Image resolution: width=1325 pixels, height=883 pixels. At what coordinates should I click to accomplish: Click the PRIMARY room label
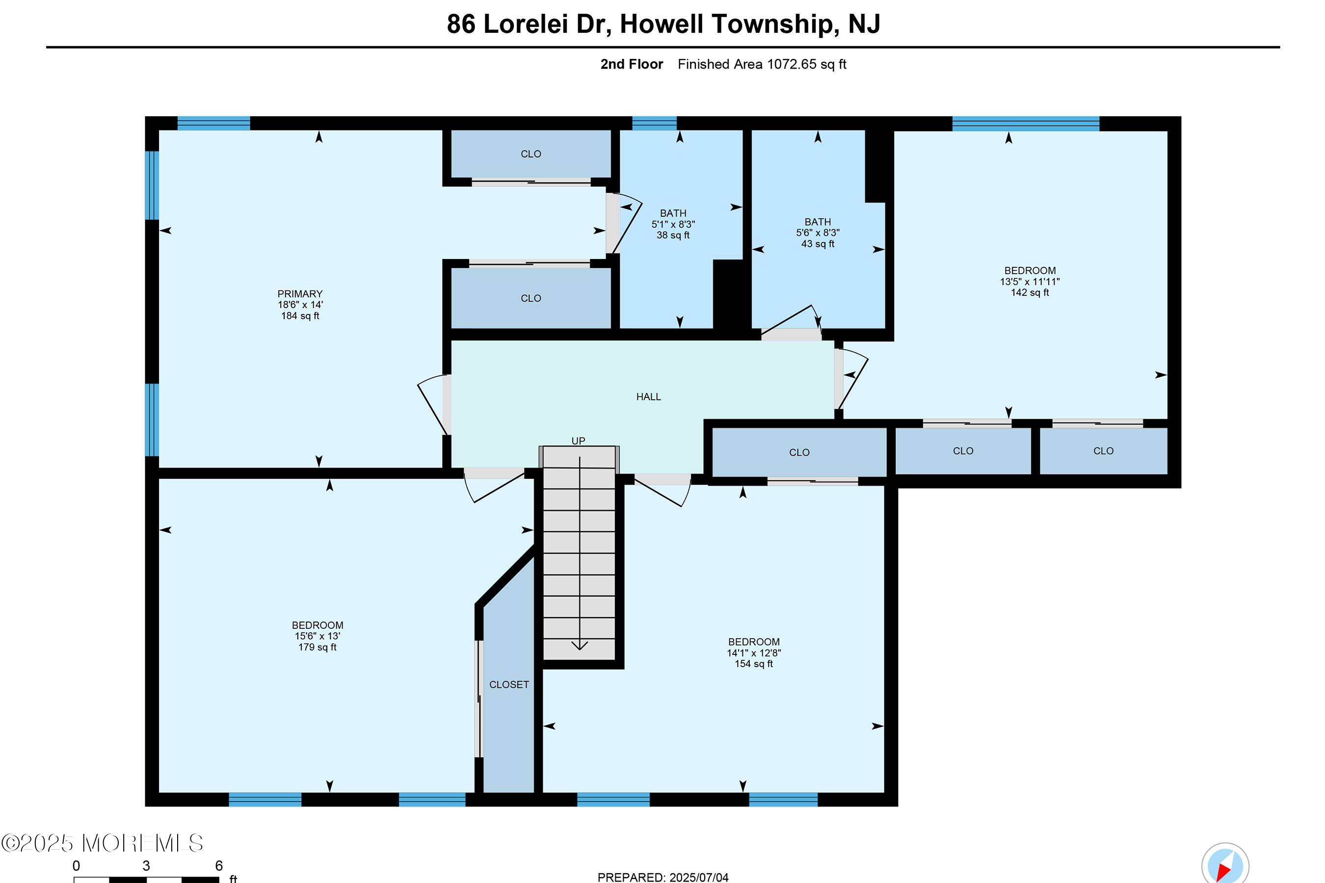(x=300, y=294)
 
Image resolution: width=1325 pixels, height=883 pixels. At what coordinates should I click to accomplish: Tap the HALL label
(x=648, y=397)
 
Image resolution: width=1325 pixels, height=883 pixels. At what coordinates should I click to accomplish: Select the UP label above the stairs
(x=579, y=441)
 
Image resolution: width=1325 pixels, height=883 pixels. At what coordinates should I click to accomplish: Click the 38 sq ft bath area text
(x=673, y=235)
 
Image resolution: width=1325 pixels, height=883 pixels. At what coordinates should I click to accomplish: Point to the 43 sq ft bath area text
(x=818, y=244)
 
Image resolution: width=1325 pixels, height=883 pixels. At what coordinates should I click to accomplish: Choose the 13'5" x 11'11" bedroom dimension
(x=1029, y=282)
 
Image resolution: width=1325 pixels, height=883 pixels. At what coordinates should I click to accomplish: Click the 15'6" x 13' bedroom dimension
(x=317, y=636)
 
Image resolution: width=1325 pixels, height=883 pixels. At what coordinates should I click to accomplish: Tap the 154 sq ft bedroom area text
(x=753, y=664)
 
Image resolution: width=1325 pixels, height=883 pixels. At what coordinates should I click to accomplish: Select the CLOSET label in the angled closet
(x=509, y=685)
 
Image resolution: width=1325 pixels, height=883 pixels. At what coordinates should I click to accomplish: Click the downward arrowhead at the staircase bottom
(x=580, y=646)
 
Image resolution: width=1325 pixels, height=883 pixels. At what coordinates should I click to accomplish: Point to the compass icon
(x=1225, y=865)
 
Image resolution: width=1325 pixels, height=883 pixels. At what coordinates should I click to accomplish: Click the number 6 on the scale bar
(x=219, y=865)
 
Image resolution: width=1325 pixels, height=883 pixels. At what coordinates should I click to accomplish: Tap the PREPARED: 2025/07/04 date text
(x=662, y=877)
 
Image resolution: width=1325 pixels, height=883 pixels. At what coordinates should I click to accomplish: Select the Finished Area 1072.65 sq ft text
(x=762, y=64)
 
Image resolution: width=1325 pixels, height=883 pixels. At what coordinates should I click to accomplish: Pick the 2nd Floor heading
(x=632, y=64)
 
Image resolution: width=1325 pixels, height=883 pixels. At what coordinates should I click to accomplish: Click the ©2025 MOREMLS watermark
(x=102, y=843)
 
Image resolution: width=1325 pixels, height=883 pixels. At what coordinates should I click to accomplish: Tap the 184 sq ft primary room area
(x=300, y=316)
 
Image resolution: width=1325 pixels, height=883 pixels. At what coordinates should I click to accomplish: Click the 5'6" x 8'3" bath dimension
(x=818, y=233)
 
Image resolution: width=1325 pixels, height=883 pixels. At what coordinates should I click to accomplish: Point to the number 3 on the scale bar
(x=146, y=865)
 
